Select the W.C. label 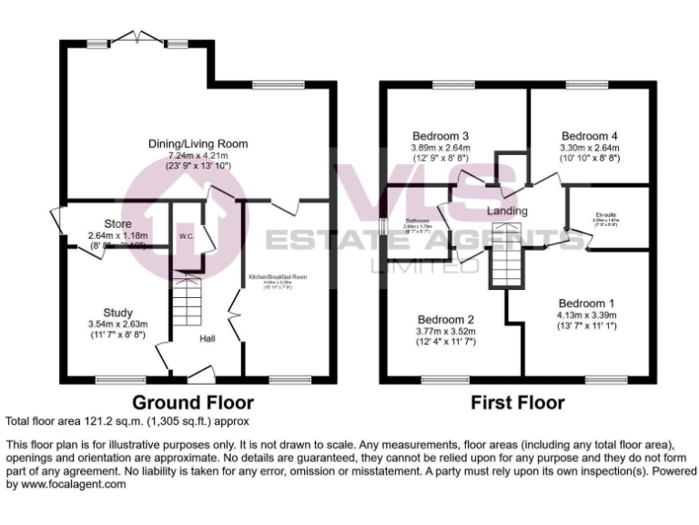click(187, 237)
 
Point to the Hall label click(208, 339)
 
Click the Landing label click(508, 211)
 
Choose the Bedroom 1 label click(586, 304)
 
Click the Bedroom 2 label click(446, 320)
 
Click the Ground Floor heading click(193, 402)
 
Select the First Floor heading click(517, 402)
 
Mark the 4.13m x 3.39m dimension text click(586, 316)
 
